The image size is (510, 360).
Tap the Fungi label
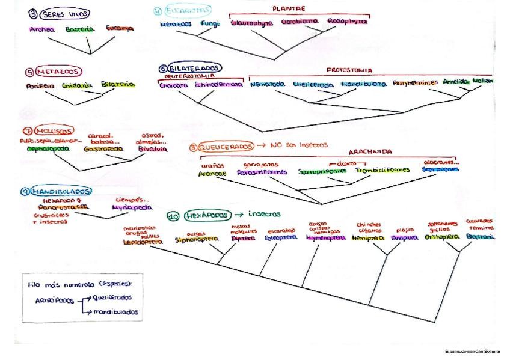210,24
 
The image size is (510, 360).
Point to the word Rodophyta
347,22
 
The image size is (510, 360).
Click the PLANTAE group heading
289,9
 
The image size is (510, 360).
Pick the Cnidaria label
76,85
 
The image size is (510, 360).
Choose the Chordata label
174,85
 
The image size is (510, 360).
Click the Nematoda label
268,84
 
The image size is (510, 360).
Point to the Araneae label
211,174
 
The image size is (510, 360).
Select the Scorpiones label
440,170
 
